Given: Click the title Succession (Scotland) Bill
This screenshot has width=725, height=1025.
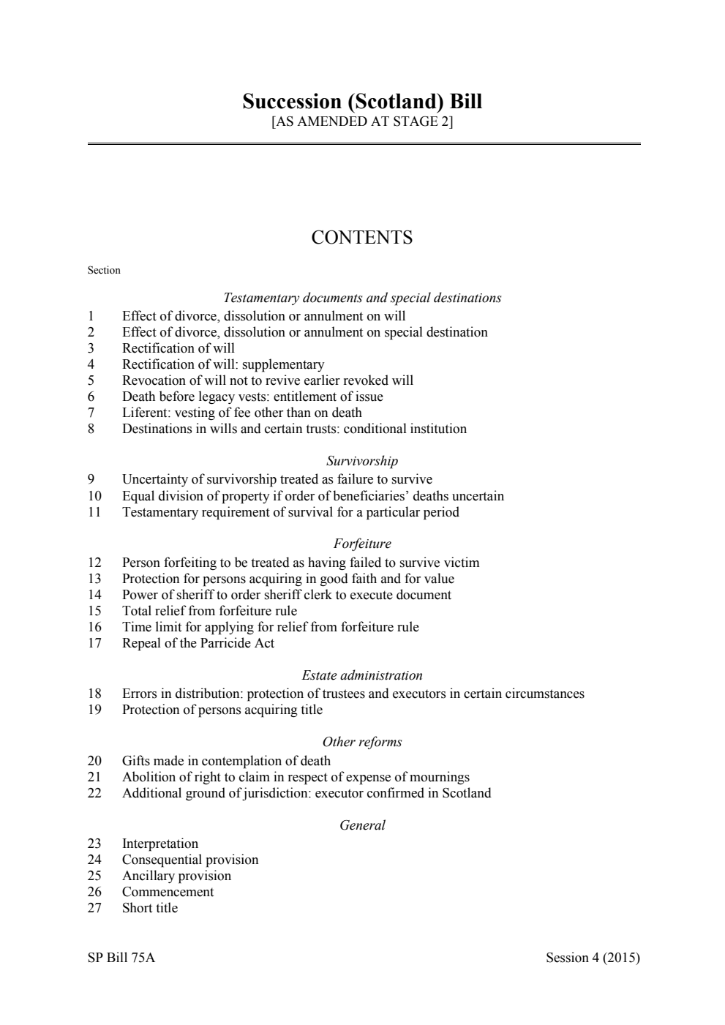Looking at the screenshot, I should [362, 101].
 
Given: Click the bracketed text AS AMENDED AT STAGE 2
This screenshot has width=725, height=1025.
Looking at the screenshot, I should [362, 121].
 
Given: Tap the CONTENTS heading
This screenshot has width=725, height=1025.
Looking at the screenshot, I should [362, 238].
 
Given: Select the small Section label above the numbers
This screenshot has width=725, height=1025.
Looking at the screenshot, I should [104, 271].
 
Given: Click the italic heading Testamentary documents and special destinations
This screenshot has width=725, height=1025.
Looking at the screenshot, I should [362, 298].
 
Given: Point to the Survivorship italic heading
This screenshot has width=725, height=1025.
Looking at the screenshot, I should [362, 461].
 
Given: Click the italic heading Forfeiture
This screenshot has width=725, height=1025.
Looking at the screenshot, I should [362, 544].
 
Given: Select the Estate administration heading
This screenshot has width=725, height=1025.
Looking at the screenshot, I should [362, 675].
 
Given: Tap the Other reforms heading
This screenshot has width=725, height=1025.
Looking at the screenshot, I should [362, 742].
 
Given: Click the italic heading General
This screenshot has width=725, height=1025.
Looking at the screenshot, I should [362, 825].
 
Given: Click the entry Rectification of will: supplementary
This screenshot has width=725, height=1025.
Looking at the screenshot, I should [222, 364].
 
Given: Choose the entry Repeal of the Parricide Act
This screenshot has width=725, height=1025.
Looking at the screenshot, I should [198, 643].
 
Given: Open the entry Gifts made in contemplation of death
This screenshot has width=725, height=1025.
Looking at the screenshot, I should [226, 761].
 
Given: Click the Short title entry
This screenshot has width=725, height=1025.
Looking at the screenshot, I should [150, 908].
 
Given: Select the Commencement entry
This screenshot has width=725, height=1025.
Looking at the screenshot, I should [168, 892].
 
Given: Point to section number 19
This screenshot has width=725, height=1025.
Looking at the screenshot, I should [94, 710].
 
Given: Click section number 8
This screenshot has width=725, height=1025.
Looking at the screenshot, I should [91, 429].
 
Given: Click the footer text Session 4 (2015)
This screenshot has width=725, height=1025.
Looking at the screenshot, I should [593, 958].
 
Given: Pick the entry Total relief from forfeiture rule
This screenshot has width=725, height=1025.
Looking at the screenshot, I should [209, 611].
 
